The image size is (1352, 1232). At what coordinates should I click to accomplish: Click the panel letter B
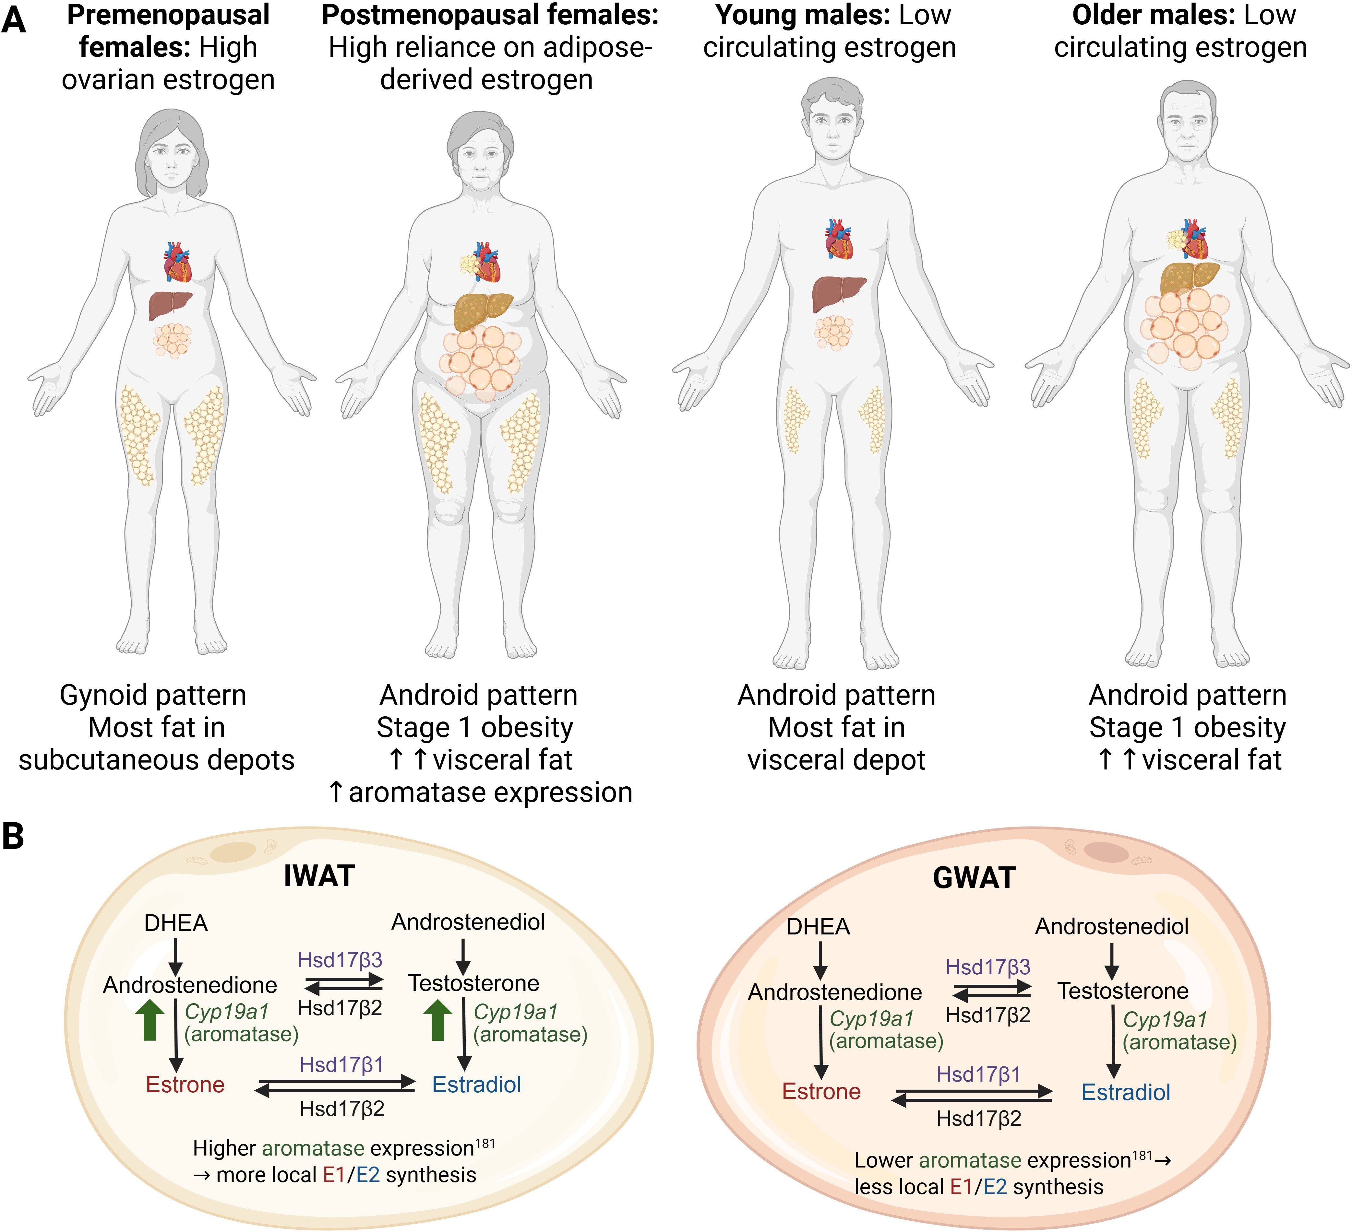click(13, 837)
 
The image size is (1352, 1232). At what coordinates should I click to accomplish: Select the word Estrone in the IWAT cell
click(185, 1085)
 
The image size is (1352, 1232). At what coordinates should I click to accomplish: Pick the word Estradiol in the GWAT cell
click(1126, 1093)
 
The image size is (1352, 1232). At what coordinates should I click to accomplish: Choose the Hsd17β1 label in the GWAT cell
click(978, 1074)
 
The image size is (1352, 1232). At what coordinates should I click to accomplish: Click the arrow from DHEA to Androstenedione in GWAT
click(820, 960)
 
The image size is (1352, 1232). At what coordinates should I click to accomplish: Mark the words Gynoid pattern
click(153, 695)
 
